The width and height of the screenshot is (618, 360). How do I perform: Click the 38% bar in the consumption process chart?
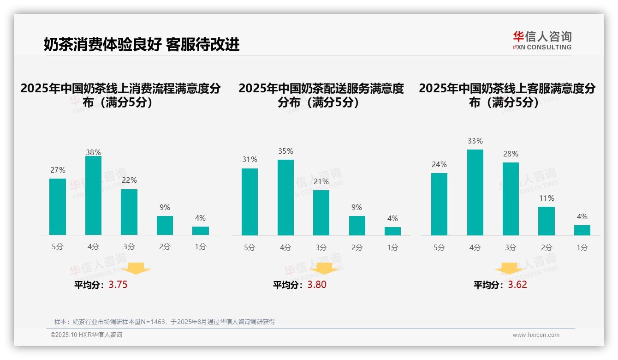93,196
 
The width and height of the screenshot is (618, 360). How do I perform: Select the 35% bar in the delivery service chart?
285,198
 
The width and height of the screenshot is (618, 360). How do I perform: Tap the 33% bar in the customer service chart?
475,192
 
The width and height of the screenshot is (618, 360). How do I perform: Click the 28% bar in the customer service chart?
511,199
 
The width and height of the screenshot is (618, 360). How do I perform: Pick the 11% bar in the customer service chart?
547,221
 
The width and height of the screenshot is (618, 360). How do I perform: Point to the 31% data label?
250,160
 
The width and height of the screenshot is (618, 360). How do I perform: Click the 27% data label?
58,170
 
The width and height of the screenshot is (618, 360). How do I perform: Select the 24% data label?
439,165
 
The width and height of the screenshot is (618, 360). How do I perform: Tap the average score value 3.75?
118,285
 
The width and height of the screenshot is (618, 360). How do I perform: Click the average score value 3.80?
317,285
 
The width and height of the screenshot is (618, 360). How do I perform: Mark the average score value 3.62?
517,285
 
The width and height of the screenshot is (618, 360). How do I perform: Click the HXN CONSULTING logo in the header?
542,40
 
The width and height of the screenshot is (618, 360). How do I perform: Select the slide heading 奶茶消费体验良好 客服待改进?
142,45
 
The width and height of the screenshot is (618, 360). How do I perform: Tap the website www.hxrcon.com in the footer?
535,335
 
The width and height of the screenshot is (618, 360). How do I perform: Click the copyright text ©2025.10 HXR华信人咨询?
86,335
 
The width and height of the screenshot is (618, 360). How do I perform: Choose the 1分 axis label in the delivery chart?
392,248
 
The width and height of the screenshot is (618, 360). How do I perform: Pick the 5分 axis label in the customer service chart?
439,248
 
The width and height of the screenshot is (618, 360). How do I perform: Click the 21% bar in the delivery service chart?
321,213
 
